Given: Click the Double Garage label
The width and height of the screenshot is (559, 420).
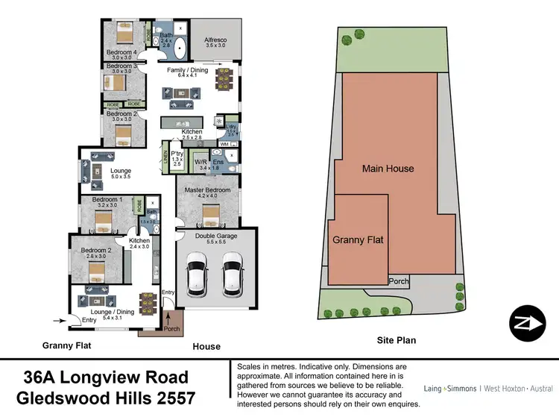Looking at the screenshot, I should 215,235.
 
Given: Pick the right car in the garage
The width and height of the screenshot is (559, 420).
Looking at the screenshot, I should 233,275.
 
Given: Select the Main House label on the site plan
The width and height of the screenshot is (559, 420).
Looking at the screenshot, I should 388,169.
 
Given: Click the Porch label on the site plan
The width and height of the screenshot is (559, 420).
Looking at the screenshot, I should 399,281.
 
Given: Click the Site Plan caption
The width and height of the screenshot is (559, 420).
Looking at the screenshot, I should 395,340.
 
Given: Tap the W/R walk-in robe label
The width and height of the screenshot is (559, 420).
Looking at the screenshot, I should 200,161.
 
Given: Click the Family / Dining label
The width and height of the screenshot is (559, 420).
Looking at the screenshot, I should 188,71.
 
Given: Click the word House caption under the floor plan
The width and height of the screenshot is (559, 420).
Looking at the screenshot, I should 206,346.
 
